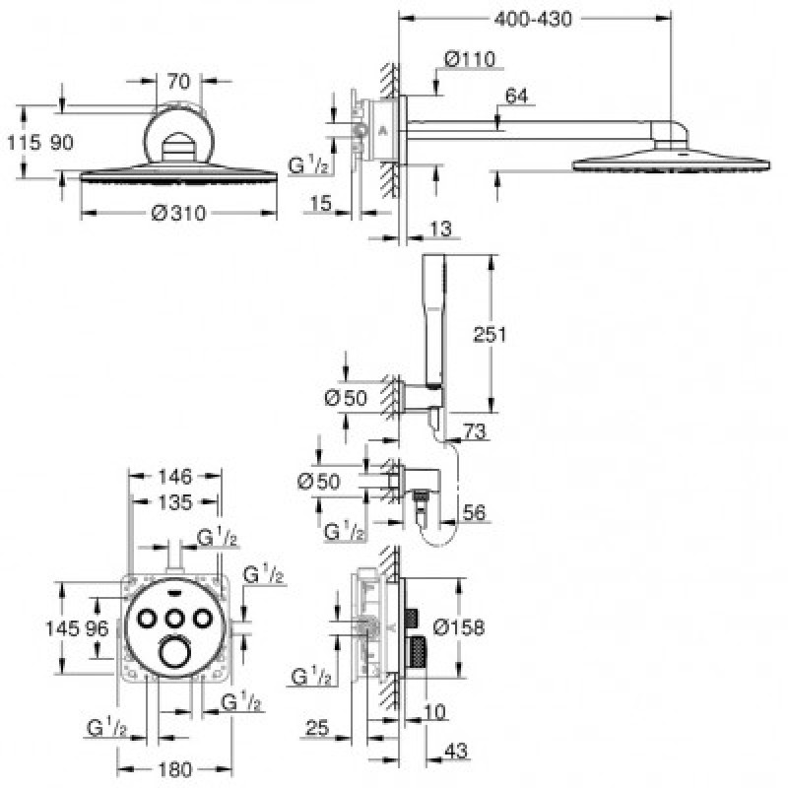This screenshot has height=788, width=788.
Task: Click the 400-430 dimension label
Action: [533, 19]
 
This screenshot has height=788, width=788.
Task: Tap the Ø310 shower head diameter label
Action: [178, 213]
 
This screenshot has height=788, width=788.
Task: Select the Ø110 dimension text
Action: [470, 59]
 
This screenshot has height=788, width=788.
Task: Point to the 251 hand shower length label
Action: [490, 334]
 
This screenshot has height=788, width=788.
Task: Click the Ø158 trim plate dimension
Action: [459, 627]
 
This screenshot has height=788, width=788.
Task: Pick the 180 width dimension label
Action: [175, 769]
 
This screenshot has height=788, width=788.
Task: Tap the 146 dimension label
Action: [175, 477]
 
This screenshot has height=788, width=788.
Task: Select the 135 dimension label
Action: [175, 502]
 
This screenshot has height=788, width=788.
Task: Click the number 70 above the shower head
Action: [179, 81]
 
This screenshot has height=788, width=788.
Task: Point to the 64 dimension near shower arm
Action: [516, 96]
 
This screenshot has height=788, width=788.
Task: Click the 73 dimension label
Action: [475, 431]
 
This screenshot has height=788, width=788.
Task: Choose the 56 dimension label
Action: [474, 512]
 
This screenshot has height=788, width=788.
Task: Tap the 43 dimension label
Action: [456, 751]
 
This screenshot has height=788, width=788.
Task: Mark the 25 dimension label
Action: [317, 727]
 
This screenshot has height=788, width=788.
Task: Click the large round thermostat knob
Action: [174, 652]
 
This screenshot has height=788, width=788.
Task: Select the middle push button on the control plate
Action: [174, 619]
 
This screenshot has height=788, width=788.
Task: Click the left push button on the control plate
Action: [147, 619]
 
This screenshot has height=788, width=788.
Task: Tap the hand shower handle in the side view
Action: [433, 322]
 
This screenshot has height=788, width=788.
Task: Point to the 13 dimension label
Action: [440, 229]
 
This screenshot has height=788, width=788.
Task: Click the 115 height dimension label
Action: [24, 142]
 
